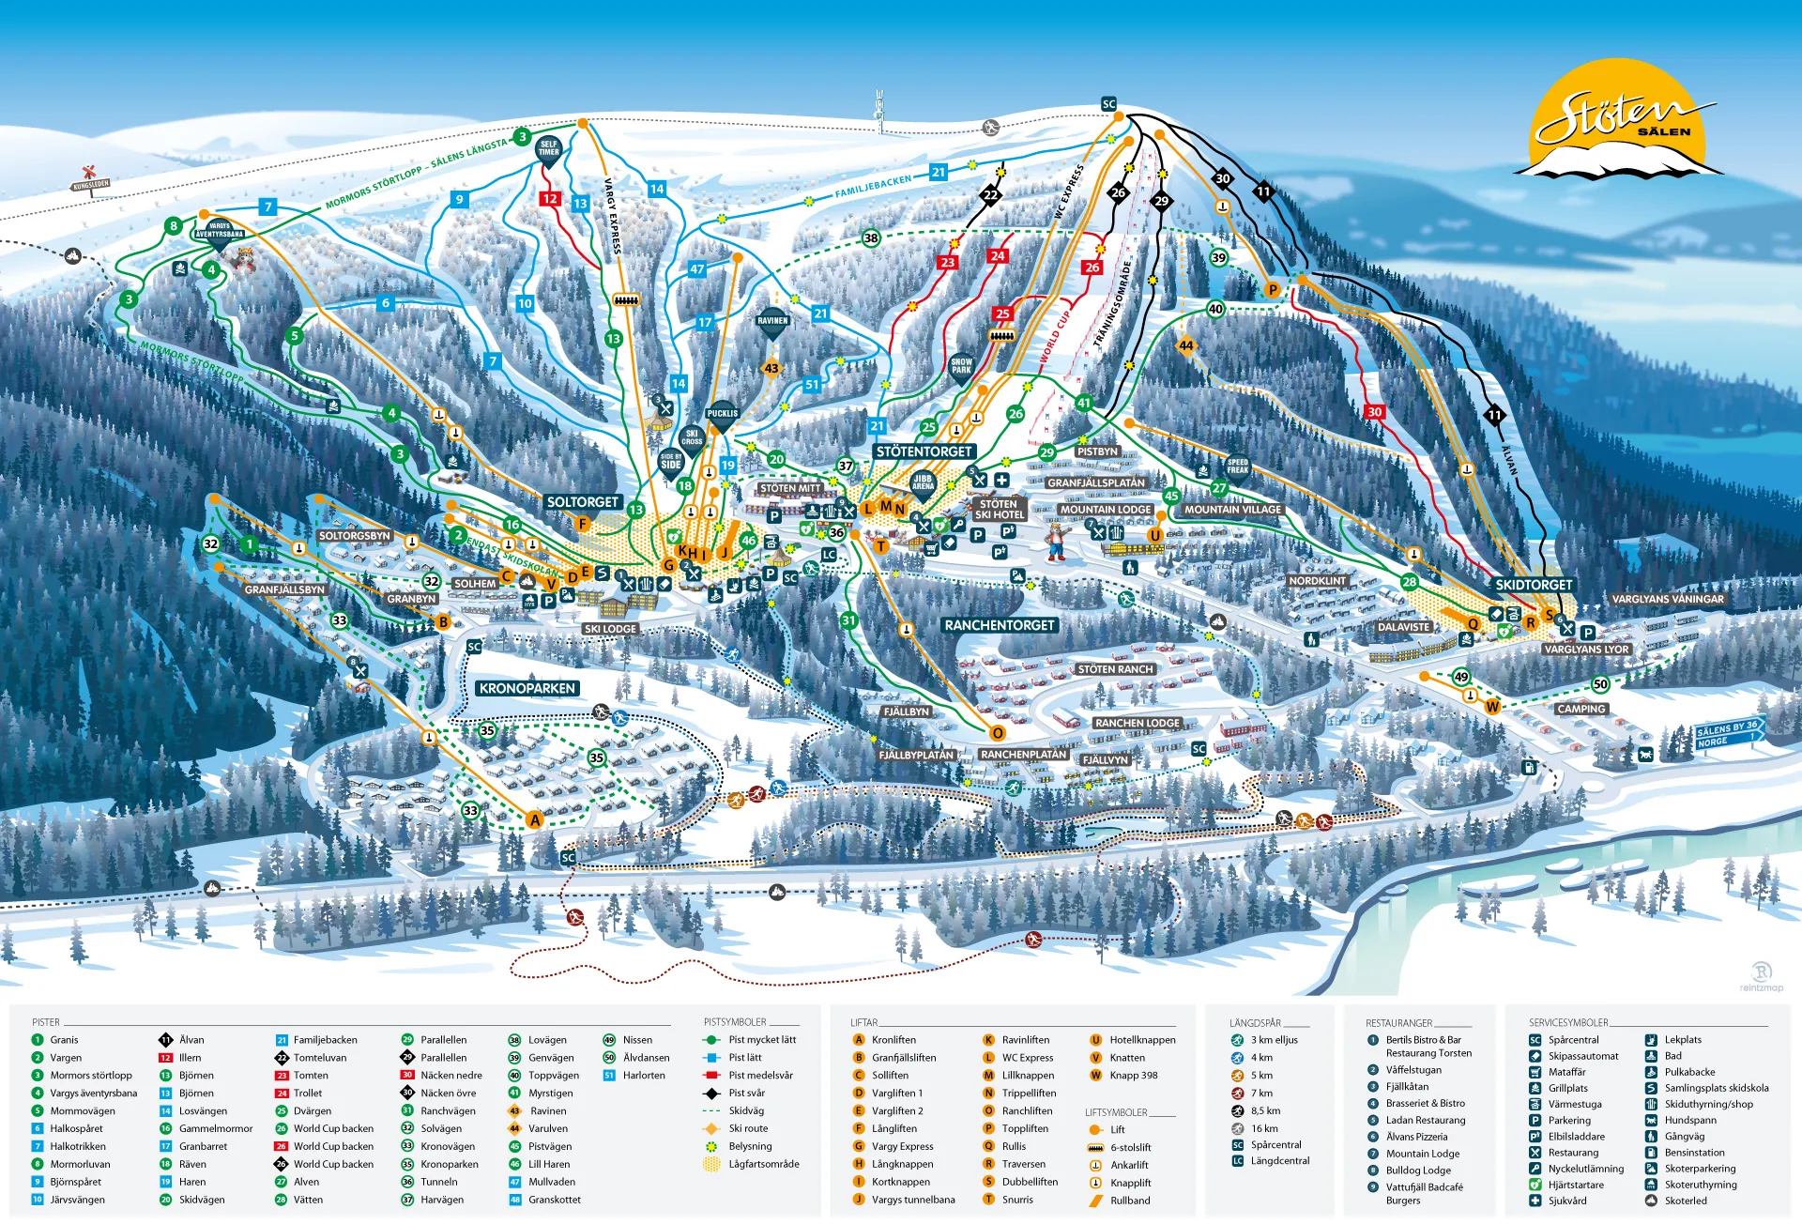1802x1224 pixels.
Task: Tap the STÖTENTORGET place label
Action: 924,451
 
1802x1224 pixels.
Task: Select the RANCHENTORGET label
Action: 1000,625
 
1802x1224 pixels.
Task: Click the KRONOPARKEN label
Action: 527,688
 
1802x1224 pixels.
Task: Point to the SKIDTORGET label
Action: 1534,585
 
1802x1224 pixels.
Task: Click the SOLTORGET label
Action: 582,502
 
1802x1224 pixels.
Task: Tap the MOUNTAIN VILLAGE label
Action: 1232,510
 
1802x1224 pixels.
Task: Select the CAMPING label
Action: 1581,709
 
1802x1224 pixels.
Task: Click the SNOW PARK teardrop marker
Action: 961,366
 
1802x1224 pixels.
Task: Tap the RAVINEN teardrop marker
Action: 772,322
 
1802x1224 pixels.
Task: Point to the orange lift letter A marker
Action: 535,819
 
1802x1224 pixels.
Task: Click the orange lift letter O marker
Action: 998,733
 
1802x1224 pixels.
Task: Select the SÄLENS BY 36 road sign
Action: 1728,728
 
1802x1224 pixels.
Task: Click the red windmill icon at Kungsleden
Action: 90,172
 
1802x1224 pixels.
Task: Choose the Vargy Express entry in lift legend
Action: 901,1146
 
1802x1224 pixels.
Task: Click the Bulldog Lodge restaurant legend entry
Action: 1417,1170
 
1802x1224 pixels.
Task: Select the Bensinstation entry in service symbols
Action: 1694,1153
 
